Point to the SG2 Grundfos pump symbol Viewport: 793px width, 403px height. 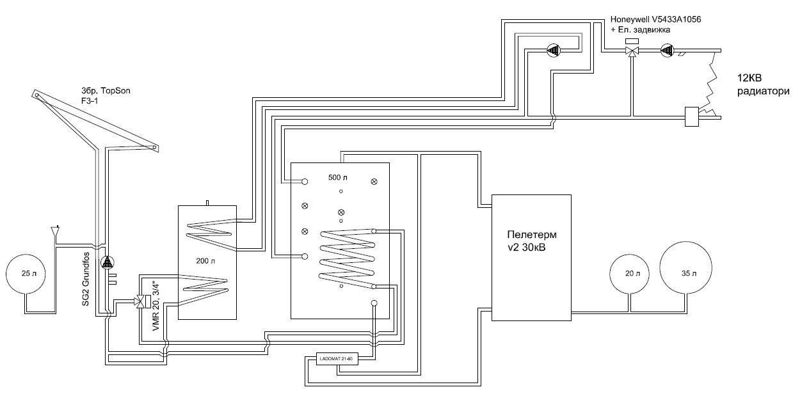[x=107, y=262]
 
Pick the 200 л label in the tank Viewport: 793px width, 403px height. [x=207, y=262]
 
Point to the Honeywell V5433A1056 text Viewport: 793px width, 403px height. [x=655, y=20]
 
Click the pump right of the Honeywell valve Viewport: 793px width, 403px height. [x=666, y=50]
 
